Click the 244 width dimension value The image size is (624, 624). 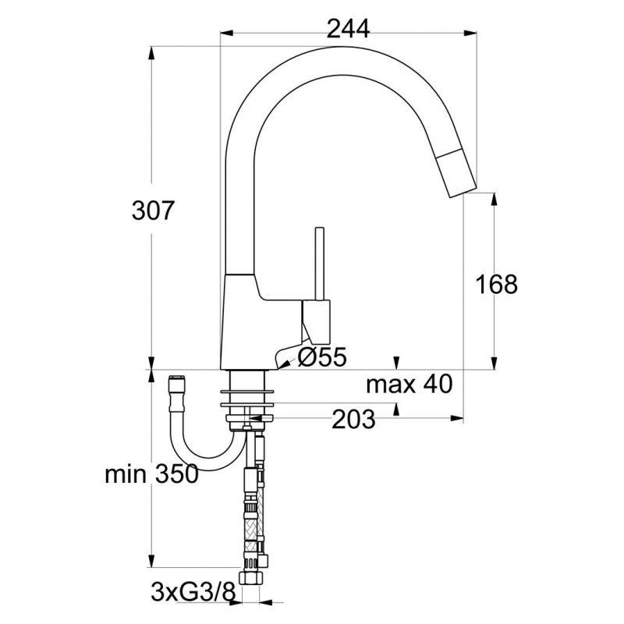[x=348, y=29]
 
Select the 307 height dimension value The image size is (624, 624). [x=153, y=211]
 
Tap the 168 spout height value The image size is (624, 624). [x=497, y=284]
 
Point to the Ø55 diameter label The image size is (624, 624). [x=323, y=356]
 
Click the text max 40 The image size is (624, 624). [x=409, y=385]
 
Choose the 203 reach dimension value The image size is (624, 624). [x=353, y=419]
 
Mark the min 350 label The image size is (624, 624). [x=151, y=474]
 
